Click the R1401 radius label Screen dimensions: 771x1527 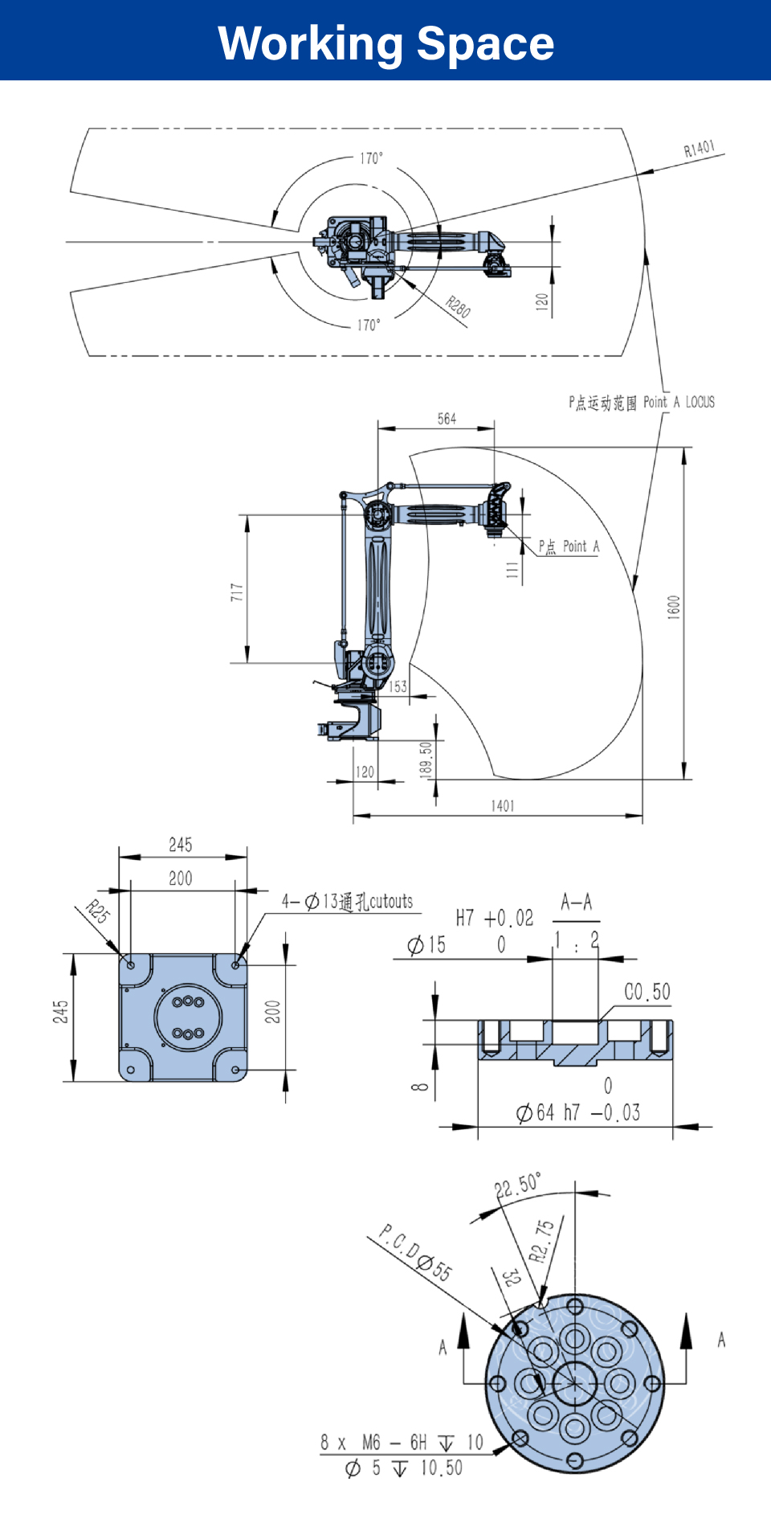pos(699,149)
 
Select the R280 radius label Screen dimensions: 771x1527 pos(458,307)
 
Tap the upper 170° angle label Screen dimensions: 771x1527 pos(371,158)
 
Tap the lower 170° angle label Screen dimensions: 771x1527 pos(369,325)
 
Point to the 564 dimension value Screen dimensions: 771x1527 pos(447,419)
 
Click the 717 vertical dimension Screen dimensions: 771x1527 pos(236,592)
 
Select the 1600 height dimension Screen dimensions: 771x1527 pos(674,607)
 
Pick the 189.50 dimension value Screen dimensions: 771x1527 pos(426,759)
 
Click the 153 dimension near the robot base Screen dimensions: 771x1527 pos(398,687)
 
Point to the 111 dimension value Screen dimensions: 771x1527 pos(512,570)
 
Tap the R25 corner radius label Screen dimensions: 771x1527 pos(98,912)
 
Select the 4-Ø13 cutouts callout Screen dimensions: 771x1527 pos(347,902)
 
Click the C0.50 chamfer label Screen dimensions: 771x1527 pos(647,992)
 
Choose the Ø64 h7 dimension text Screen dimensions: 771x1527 pos(578,1112)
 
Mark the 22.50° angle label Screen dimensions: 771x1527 pos(518,1185)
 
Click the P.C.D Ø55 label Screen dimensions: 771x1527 pos(415,1252)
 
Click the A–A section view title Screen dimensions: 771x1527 pos(577,902)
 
